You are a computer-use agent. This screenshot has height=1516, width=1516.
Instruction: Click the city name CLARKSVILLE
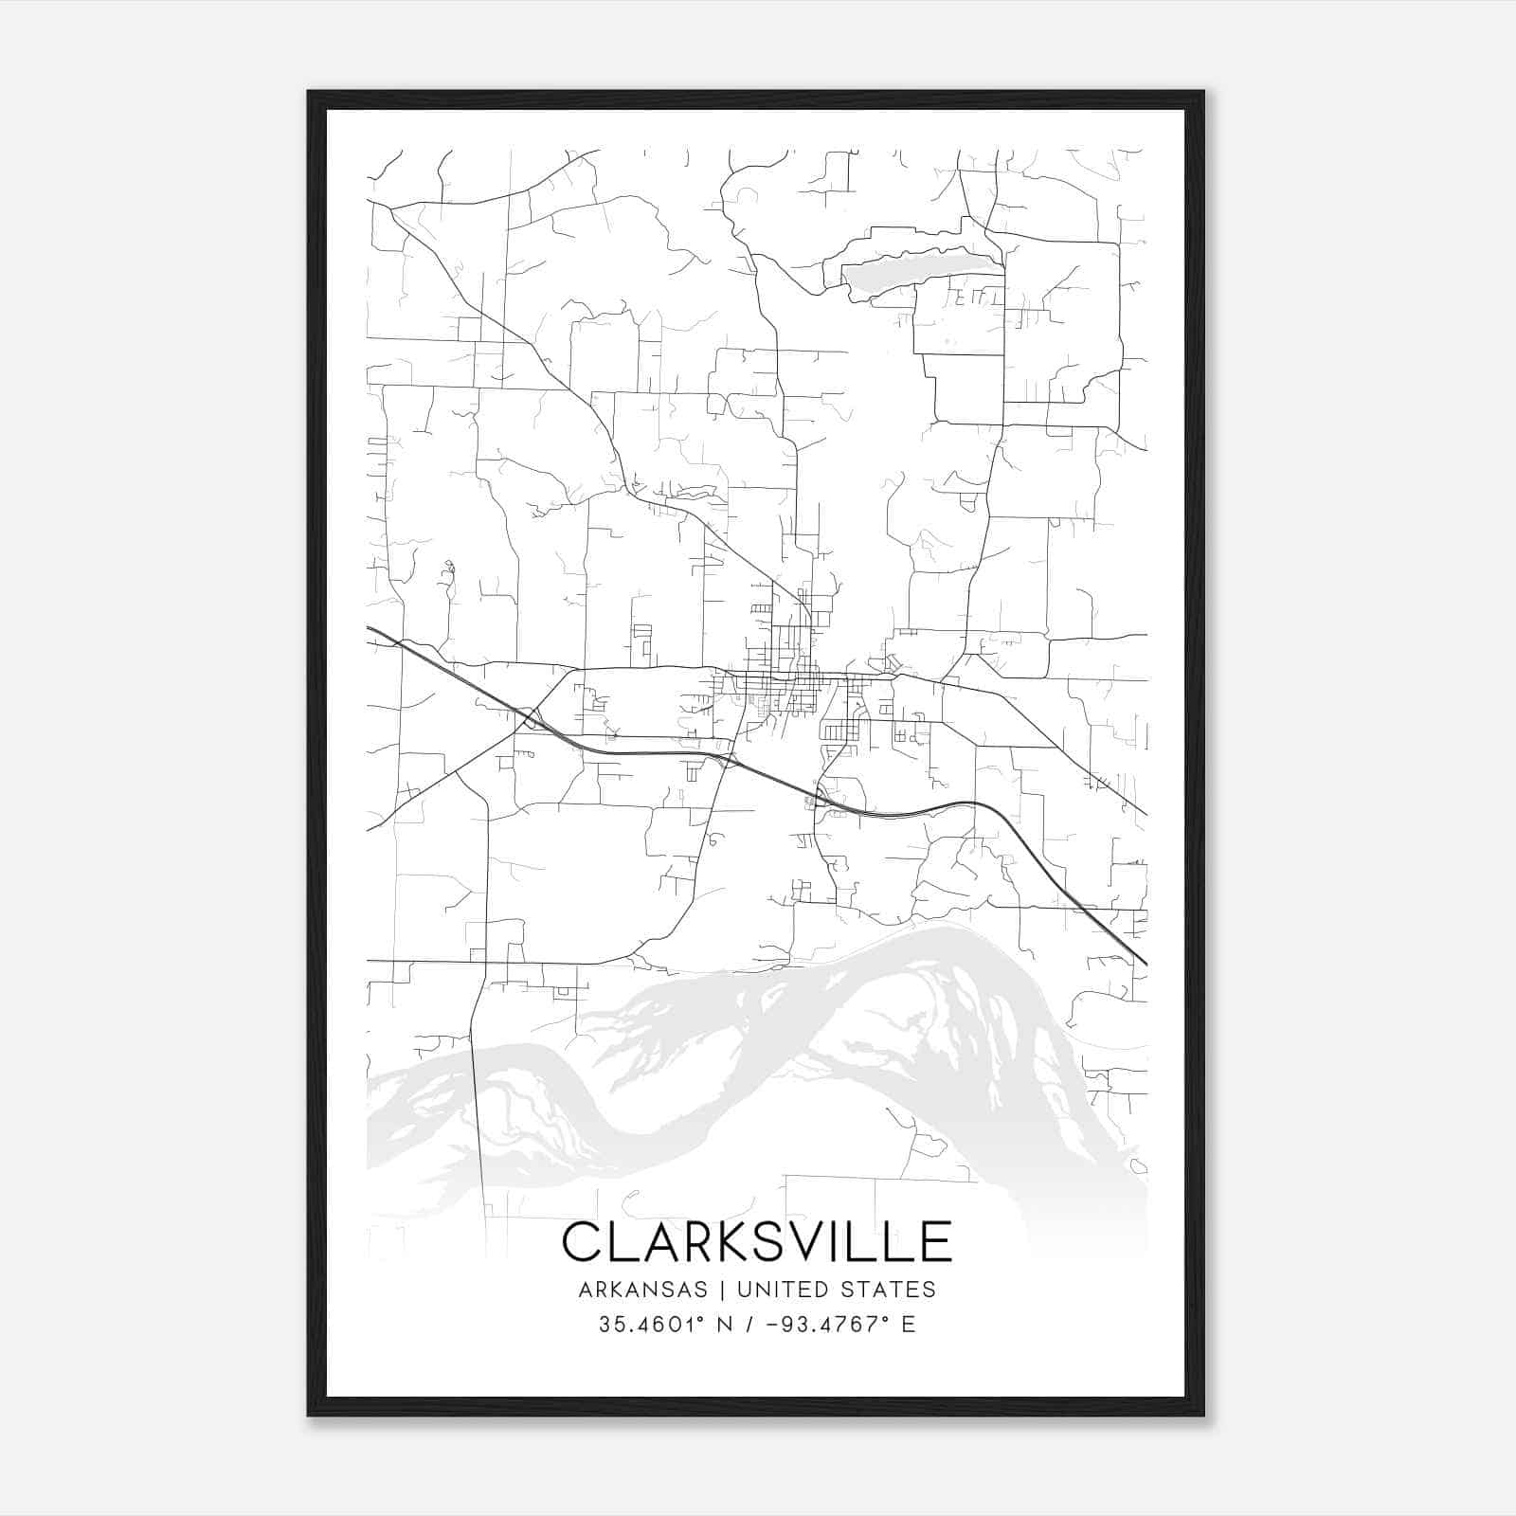[756, 1241]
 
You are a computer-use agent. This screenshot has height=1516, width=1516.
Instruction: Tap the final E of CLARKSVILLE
[936, 1241]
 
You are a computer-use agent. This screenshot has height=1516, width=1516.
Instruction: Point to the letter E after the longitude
[909, 1325]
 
